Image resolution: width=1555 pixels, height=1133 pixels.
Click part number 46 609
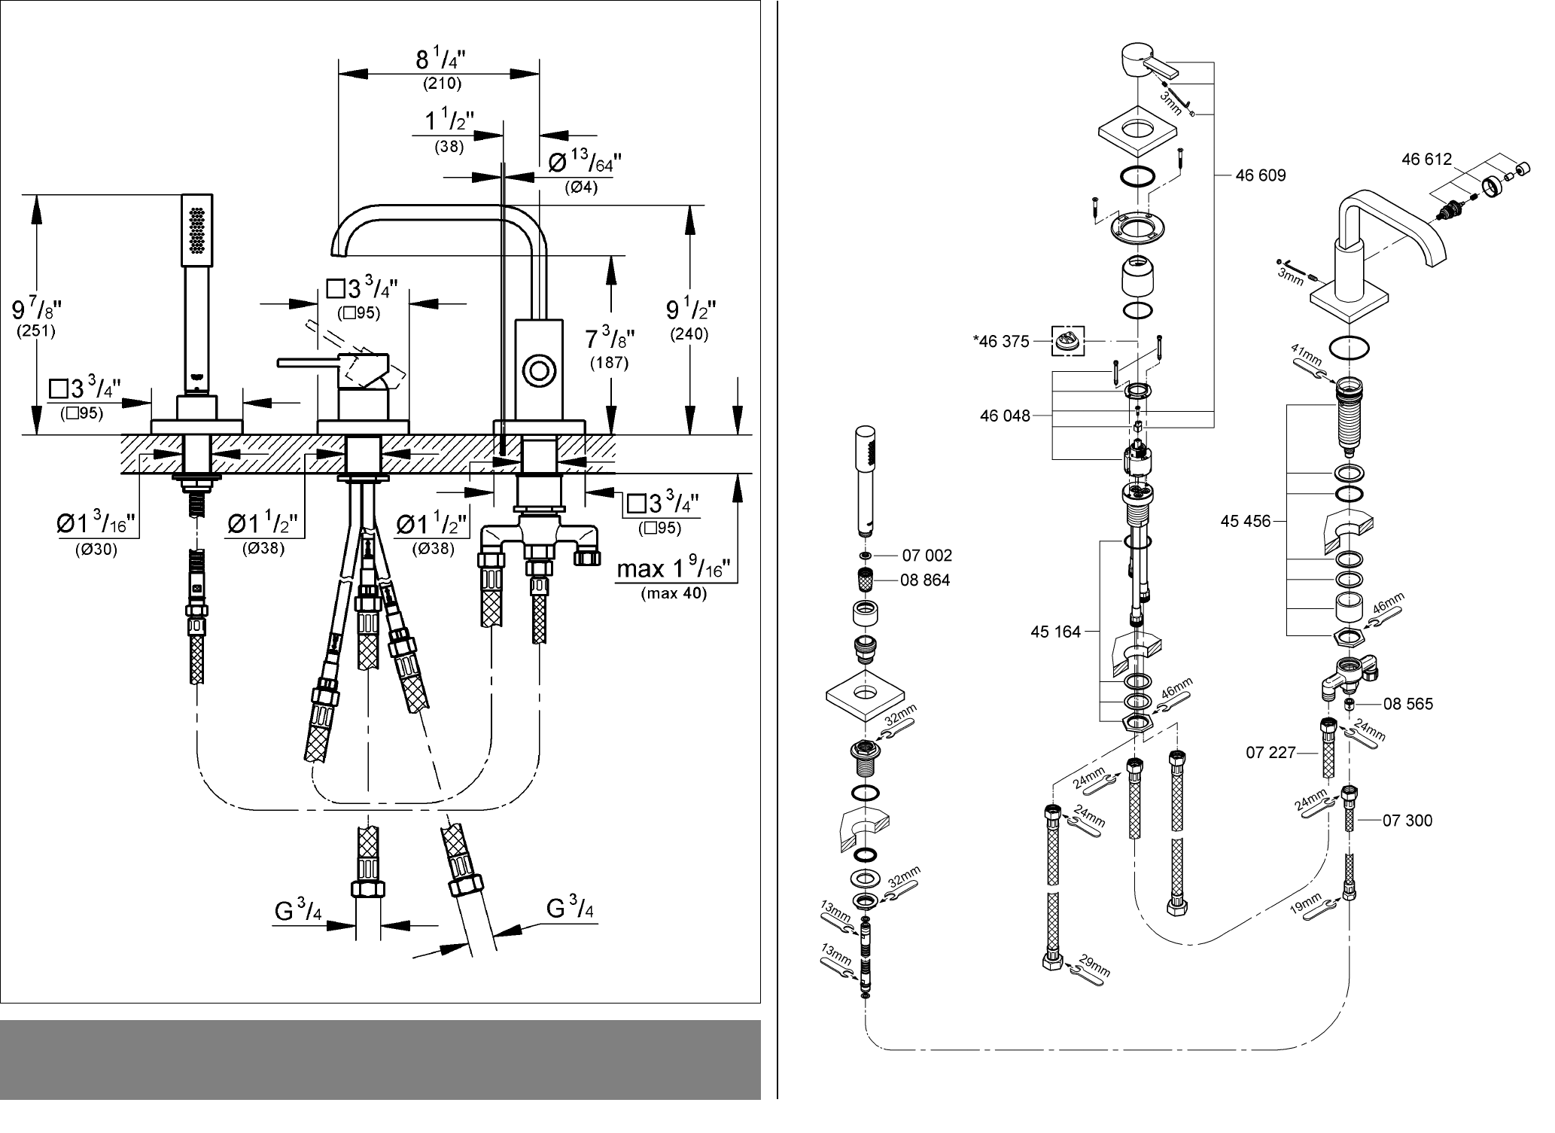pyautogui.click(x=1261, y=175)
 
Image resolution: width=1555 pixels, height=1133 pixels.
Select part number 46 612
pyautogui.click(x=1426, y=160)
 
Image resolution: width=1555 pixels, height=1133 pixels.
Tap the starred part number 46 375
pyautogui.click(x=1000, y=342)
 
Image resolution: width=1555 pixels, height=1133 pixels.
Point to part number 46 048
pyautogui.click(x=1005, y=416)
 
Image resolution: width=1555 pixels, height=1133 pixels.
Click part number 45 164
pyautogui.click(x=1055, y=632)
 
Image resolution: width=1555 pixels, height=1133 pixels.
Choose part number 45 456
pyautogui.click(x=1246, y=521)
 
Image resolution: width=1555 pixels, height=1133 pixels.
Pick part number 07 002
pyautogui.click(x=927, y=556)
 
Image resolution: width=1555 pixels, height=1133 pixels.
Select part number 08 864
pyautogui.click(x=925, y=580)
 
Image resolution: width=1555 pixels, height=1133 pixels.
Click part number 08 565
pyautogui.click(x=1408, y=704)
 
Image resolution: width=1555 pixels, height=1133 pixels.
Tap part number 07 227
pyautogui.click(x=1271, y=752)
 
